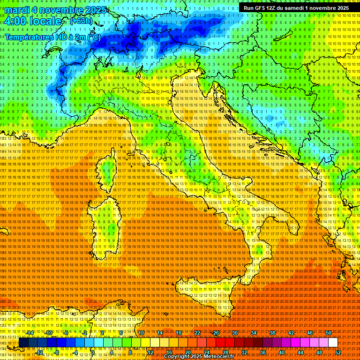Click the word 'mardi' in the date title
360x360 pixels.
(x=18, y=10)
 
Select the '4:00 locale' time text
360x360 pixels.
(x=33, y=21)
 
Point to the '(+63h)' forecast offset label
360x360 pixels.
(x=80, y=21)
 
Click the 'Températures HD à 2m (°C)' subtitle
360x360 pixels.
(x=52, y=37)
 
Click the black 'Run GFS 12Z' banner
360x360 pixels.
(x=294, y=8)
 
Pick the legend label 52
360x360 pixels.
(x=337, y=352)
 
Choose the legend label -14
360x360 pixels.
(x=30, y=332)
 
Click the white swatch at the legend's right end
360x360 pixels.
(x=333, y=343)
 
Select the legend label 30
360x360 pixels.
(x=234, y=332)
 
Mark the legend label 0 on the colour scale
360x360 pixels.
(x=93, y=352)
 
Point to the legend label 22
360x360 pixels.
(x=197, y=332)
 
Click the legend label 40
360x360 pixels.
(x=282, y=352)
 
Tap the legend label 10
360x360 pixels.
(x=141, y=332)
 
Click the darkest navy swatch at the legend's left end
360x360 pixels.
(x=23, y=343)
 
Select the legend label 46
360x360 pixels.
(x=310, y=332)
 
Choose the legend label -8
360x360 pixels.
(x=57, y=352)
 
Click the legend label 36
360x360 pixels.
(x=262, y=352)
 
